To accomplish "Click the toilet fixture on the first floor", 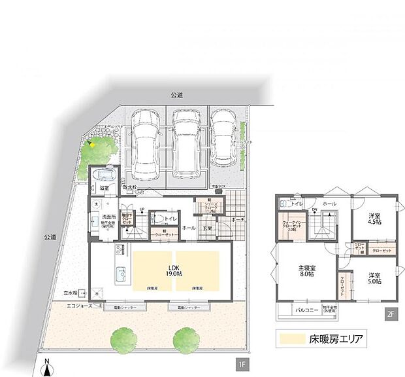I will tap(157, 219).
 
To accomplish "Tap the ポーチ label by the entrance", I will tap(238, 220).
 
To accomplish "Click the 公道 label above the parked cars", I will tap(177, 96).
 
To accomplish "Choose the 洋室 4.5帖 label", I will tap(375, 218).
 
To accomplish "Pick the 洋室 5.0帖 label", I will tap(375, 278).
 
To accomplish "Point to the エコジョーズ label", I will tap(81, 305).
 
